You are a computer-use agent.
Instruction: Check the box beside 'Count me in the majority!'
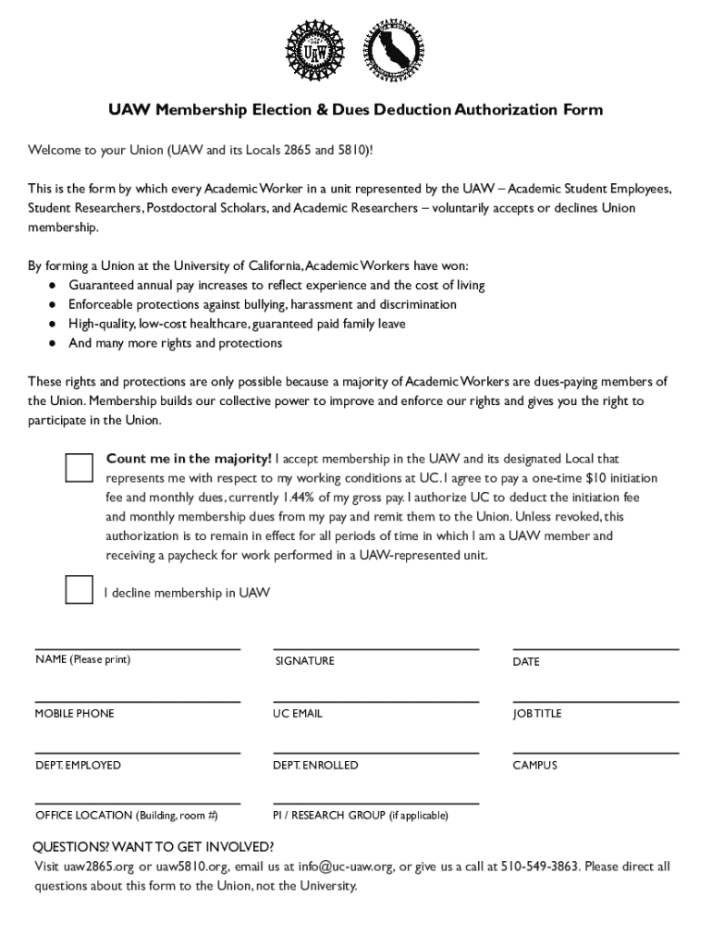click(80, 468)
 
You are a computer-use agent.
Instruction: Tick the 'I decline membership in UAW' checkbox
click(80, 589)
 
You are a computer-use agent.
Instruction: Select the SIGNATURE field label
click(304, 661)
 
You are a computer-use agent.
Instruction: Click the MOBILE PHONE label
click(75, 714)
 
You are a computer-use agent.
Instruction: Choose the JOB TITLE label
click(537, 714)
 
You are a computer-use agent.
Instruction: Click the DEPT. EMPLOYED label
click(78, 766)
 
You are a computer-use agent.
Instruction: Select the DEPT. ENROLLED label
click(315, 766)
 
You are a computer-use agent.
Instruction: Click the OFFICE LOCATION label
click(127, 816)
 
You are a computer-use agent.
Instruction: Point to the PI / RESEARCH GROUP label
click(361, 816)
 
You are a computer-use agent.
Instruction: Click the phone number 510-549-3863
click(540, 867)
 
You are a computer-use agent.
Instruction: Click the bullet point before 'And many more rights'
click(55, 343)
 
